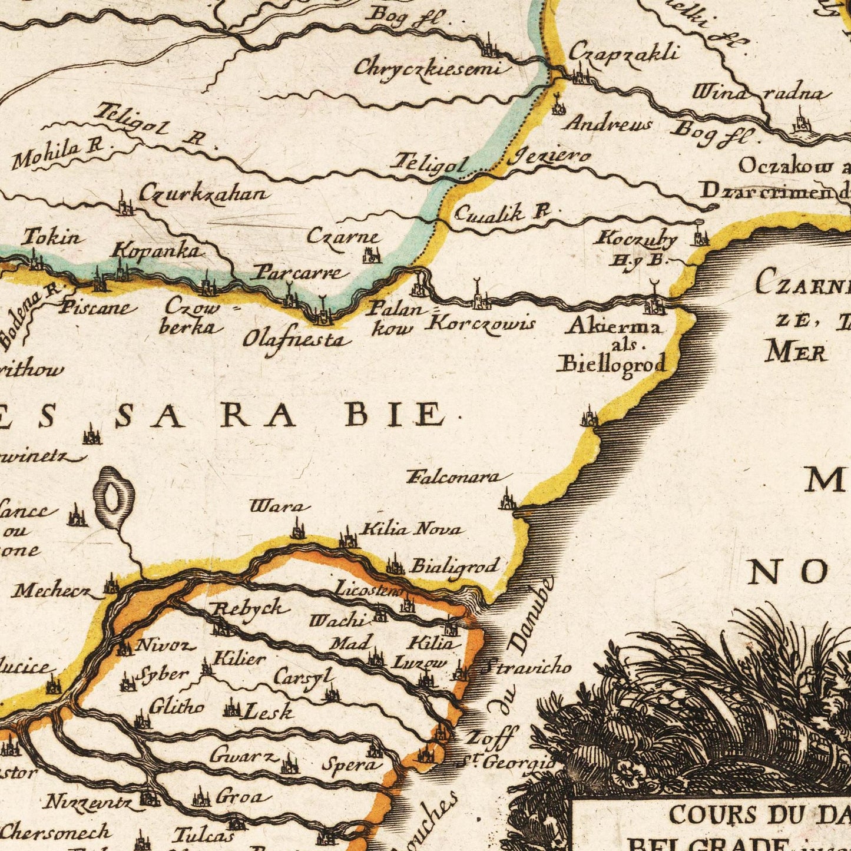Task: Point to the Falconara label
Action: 460,477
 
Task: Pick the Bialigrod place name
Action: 454,566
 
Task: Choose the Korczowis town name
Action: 483,323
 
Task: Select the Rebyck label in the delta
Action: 250,609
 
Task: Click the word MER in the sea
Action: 796,352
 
